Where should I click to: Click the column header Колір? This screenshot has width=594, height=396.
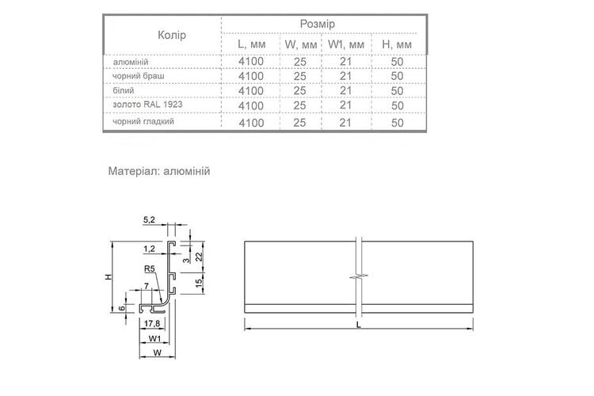pos(172,35)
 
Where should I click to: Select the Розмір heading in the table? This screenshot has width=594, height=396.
pos(318,24)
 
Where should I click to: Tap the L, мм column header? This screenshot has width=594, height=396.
pos(252,44)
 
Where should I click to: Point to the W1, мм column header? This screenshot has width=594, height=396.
pos(346,44)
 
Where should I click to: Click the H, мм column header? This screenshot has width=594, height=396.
pos(397,44)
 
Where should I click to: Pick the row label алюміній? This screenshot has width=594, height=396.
pos(131,62)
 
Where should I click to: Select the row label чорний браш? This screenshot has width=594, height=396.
pos(139,76)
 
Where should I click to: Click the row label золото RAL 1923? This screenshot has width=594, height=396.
pos(147,105)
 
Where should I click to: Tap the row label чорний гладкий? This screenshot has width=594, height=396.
pos(143,121)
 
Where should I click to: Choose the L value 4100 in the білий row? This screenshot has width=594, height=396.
pos(251,91)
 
